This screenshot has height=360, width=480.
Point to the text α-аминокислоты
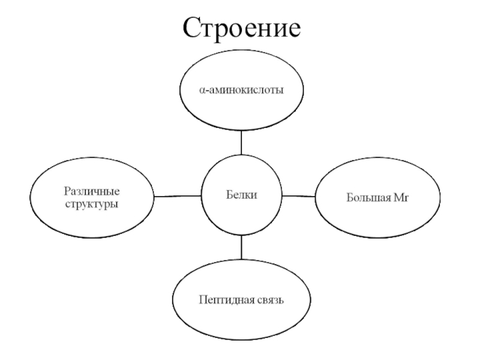241,91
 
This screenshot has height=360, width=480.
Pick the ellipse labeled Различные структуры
92,197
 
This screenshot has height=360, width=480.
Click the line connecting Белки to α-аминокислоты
241,142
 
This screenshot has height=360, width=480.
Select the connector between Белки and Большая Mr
298,196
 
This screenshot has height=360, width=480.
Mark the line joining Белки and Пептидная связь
241,247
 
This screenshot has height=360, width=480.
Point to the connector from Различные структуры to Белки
177,196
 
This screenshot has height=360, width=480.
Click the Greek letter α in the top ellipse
202,91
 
